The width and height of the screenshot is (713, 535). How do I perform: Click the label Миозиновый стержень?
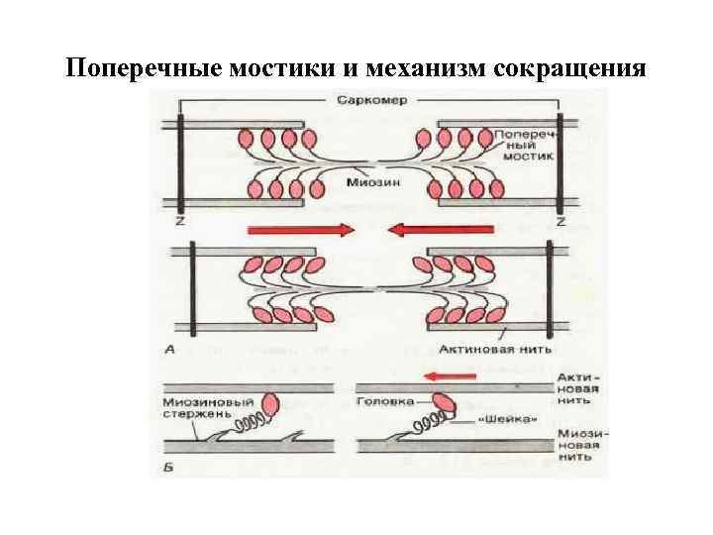tap(207, 409)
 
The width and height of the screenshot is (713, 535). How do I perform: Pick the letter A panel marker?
tap(172, 350)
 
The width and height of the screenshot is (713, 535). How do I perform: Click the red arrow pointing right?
tap(314, 230)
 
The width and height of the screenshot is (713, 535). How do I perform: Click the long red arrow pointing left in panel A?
tap(426, 230)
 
